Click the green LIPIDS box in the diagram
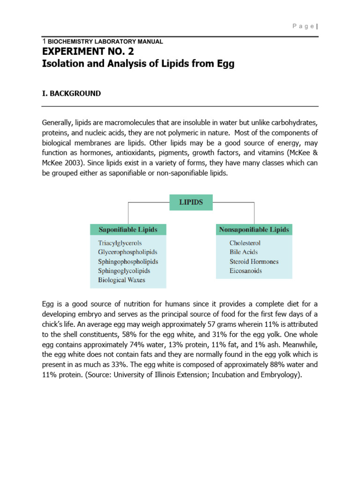click(x=191, y=202)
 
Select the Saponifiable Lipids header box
click(x=128, y=230)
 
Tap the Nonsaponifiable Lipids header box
click(x=254, y=230)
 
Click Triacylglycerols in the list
click(x=120, y=243)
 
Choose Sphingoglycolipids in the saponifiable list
click(x=124, y=271)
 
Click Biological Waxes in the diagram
click(x=122, y=280)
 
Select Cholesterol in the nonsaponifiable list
click(x=245, y=243)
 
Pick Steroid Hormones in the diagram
click(x=254, y=262)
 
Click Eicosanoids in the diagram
click(x=246, y=271)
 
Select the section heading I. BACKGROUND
click(x=71, y=93)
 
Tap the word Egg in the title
click(x=224, y=64)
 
